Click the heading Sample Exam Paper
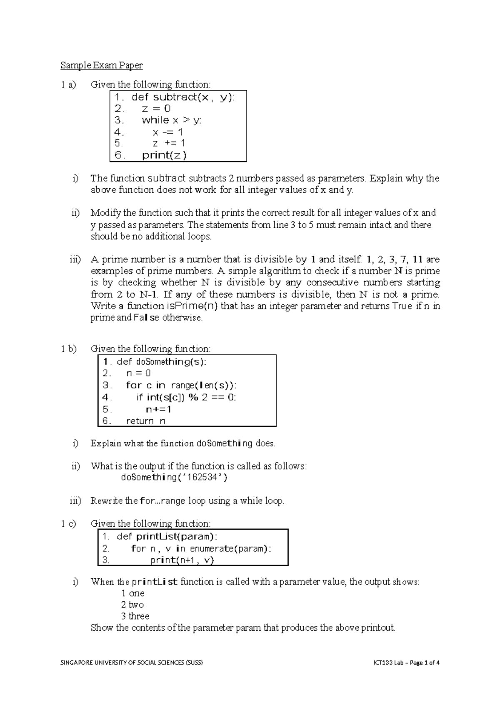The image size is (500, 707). click(x=101, y=65)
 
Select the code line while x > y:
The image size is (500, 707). click(x=171, y=120)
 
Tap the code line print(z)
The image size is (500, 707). click(x=164, y=155)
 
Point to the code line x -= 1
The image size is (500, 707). click(x=167, y=132)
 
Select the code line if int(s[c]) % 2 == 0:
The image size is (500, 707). click(x=186, y=397)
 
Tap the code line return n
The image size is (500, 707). click(x=145, y=421)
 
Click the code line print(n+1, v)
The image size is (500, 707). click(x=182, y=560)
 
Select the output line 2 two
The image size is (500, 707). click(x=132, y=605)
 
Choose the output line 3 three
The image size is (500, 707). click(x=135, y=616)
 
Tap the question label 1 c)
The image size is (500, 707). click(x=68, y=524)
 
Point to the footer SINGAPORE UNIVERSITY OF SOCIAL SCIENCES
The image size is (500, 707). click(x=132, y=662)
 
